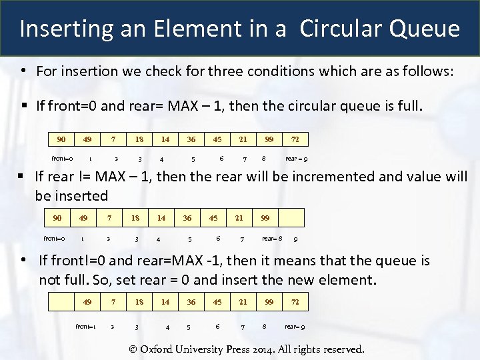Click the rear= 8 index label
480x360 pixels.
click(x=272, y=239)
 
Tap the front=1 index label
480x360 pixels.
click(x=85, y=327)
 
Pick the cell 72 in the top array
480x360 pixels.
click(x=295, y=139)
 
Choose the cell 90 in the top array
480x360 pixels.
click(x=61, y=139)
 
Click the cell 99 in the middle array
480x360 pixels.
click(x=265, y=218)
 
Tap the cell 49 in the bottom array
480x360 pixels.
click(x=87, y=302)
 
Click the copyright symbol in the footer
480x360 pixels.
click(x=133, y=349)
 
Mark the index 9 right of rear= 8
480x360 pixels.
click(x=295, y=239)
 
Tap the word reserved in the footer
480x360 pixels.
click(x=340, y=349)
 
